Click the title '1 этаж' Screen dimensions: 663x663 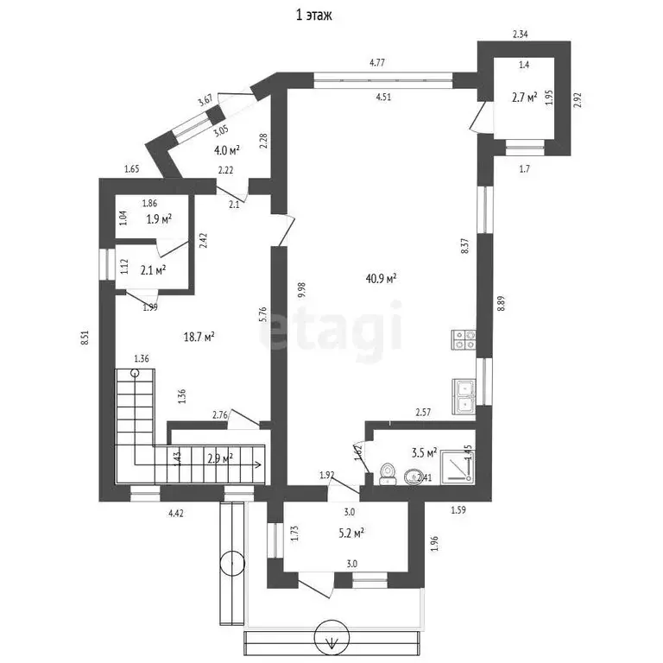[314, 15]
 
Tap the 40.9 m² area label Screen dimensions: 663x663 [381, 279]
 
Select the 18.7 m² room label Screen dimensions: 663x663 [199, 337]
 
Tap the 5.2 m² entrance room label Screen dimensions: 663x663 [350, 533]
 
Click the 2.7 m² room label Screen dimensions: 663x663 [525, 98]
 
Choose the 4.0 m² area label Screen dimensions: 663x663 [226, 149]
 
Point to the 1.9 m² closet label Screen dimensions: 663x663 [159, 219]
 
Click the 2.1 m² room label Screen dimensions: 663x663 [153, 270]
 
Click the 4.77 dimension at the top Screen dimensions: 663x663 [377, 62]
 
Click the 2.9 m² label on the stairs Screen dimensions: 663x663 [221, 459]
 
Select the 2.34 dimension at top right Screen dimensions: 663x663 [520, 35]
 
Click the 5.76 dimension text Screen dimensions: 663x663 [263, 316]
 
